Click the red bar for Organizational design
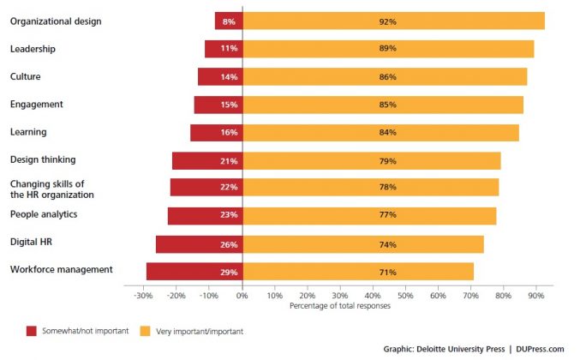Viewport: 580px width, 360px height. tap(229, 21)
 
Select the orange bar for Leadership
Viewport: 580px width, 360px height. tap(388, 49)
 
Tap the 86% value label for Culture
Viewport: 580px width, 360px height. tap(387, 77)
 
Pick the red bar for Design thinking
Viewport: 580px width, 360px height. tap(207, 160)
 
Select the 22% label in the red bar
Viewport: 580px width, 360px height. tap(229, 188)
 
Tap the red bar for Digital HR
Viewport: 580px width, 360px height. tap(199, 244)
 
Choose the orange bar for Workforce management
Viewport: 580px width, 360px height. tap(358, 272)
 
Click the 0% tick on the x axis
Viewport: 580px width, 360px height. tap(242, 295)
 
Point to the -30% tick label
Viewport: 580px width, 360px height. tap(143, 295)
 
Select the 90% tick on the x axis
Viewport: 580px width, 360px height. tap(535, 295)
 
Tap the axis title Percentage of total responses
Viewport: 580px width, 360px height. tap(339, 305)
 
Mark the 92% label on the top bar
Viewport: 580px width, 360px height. tap(387, 21)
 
